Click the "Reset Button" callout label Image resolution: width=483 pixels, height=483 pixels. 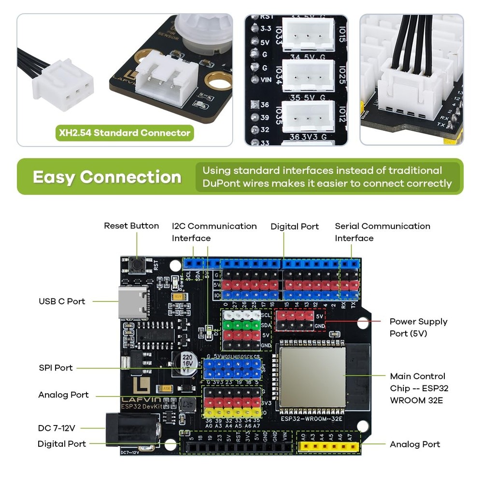click(131, 226)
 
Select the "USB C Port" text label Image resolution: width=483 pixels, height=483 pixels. click(62, 301)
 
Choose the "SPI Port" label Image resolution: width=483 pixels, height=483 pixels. click(56, 368)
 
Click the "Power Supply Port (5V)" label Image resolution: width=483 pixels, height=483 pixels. click(418, 327)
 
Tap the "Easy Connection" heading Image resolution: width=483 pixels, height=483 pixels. click(107, 177)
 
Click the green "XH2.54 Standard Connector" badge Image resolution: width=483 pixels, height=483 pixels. click(125, 133)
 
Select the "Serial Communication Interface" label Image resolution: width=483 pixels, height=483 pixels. click(382, 232)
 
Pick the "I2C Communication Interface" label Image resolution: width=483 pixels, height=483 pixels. click(214, 232)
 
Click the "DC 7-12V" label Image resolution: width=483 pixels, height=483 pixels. click(57, 428)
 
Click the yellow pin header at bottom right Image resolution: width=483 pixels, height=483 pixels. click(328, 447)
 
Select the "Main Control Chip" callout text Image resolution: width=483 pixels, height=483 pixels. click(418, 388)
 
